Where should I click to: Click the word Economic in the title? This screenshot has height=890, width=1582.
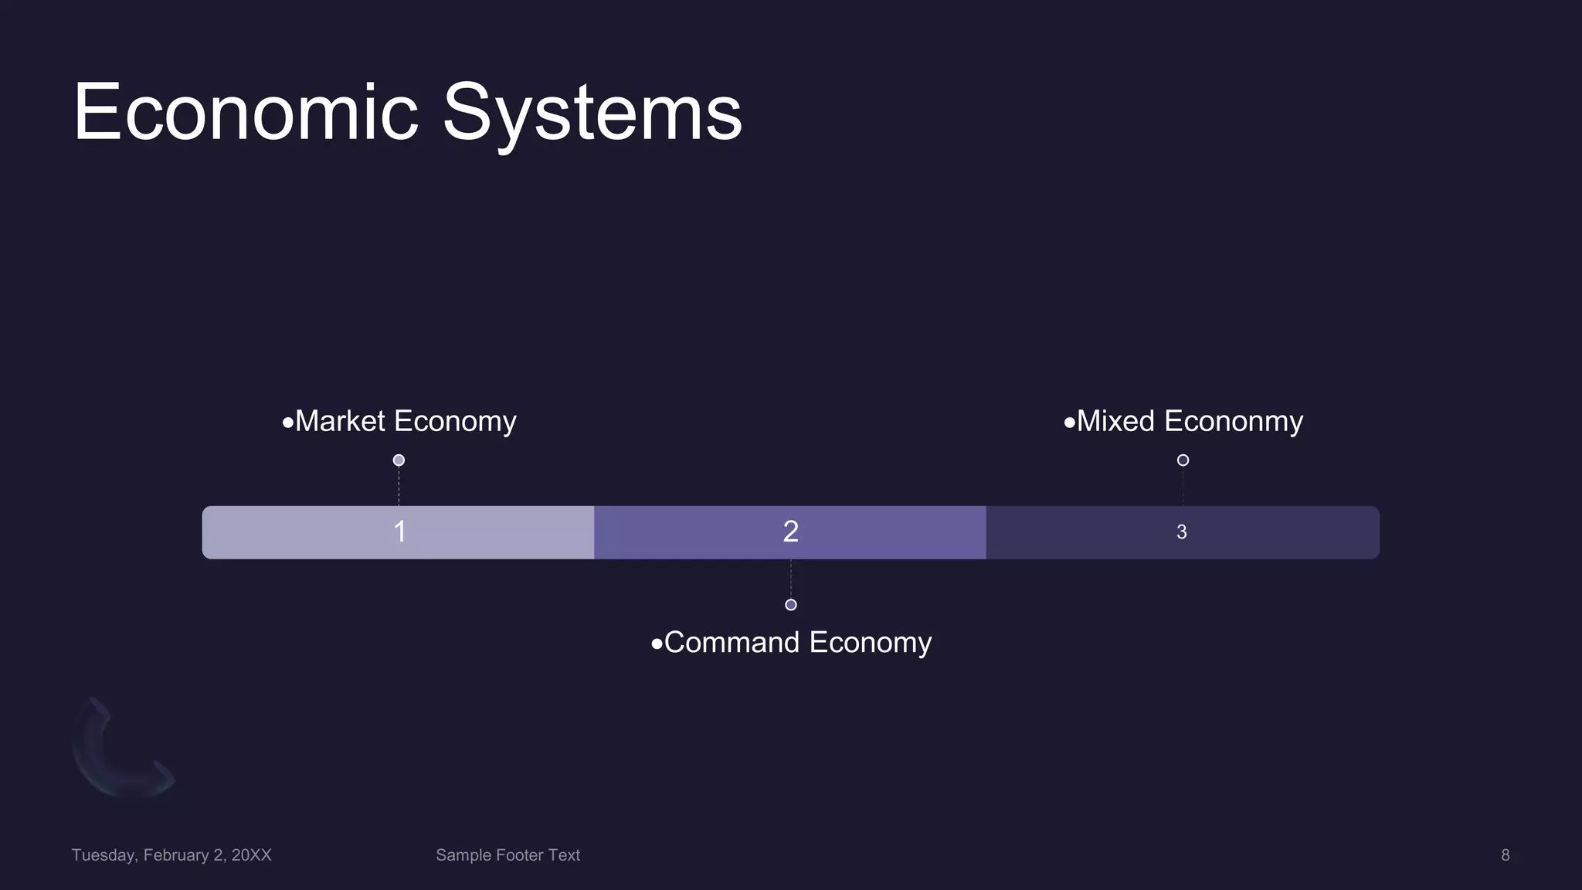(x=246, y=113)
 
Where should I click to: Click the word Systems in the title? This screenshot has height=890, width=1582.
(x=592, y=113)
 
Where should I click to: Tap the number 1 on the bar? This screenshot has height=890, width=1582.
(x=399, y=532)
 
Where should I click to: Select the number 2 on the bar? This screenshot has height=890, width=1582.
(x=790, y=532)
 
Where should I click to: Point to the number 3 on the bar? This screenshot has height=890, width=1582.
(x=1181, y=532)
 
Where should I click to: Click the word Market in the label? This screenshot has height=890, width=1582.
(x=340, y=421)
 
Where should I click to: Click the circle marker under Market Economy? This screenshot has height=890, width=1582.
(x=399, y=460)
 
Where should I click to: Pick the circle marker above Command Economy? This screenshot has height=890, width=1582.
(x=790, y=605)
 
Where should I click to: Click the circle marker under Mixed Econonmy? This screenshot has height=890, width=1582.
(x=1183, y=460)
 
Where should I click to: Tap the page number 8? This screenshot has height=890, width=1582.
(x=1505, y=855)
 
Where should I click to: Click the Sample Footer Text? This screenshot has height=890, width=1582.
(x=508, y=855)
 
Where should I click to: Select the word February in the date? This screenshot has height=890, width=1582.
(x=176, y=855)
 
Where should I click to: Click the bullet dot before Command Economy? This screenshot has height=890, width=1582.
(x=657, y=644)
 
